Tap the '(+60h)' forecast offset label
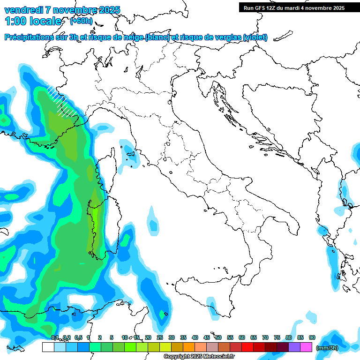coord(81,21)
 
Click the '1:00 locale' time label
coord(33,21)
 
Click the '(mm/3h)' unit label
coord(327,347)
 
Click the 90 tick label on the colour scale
coord(312,337)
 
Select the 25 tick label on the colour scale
coord(160,337)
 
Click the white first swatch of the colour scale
coord(48,347)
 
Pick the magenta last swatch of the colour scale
coord(306,347)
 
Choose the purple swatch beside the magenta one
coord(294,347)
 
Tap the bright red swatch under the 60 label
coord(247,347)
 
